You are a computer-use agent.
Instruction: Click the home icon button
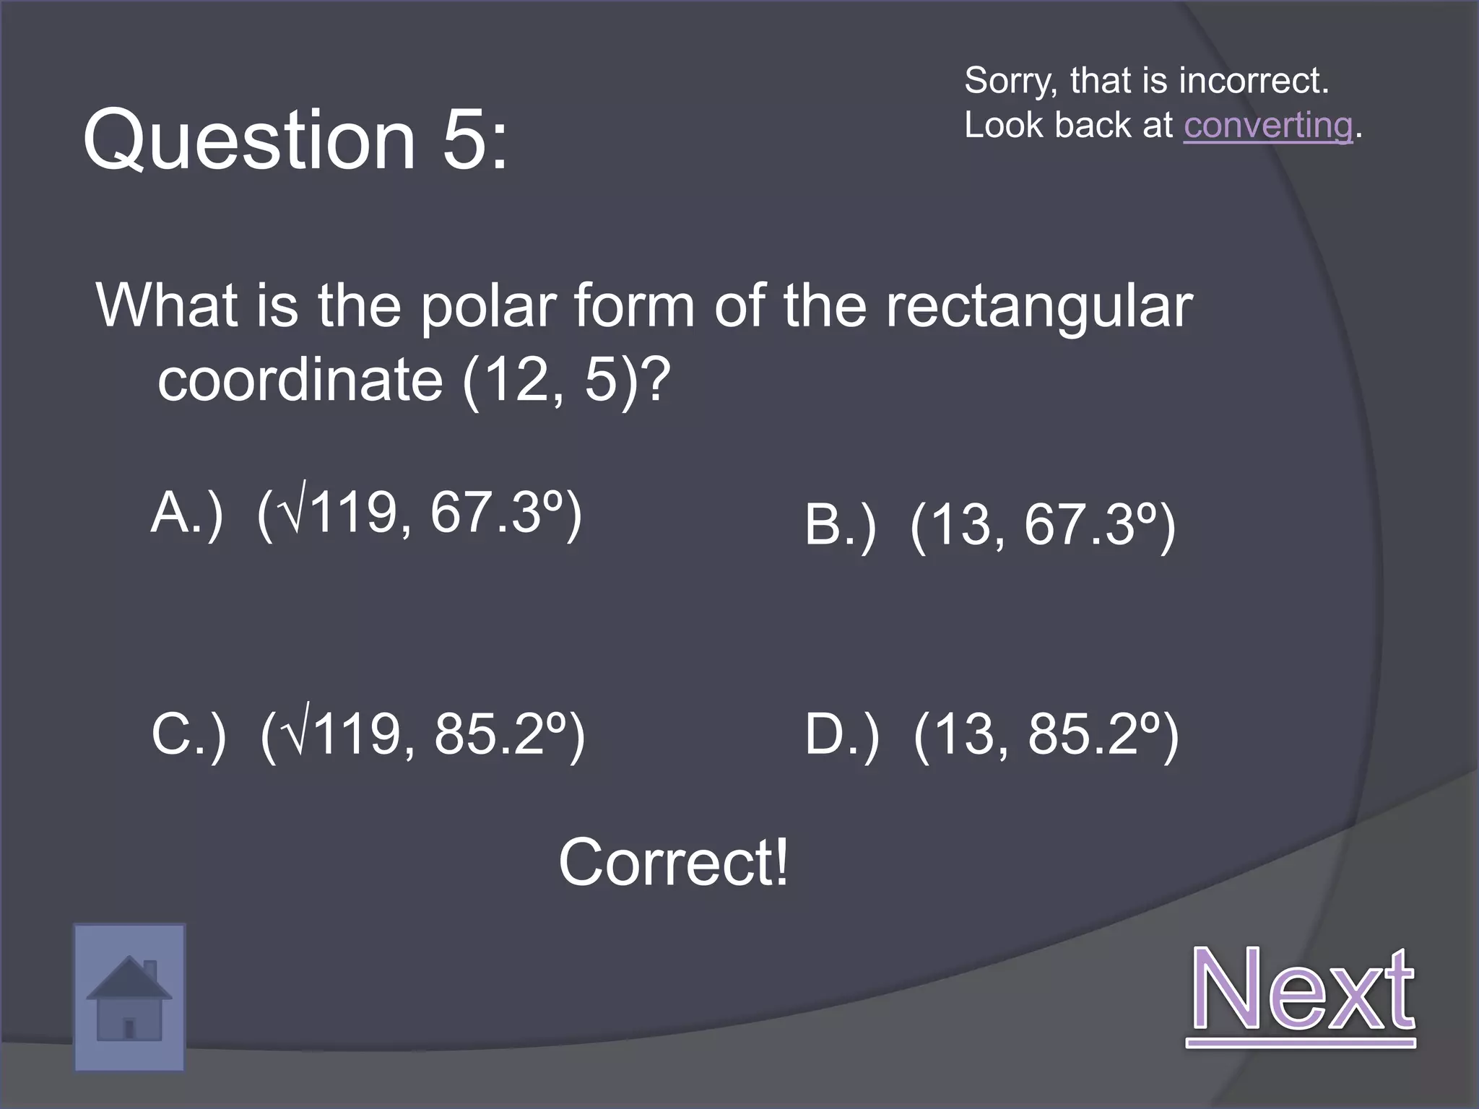pyautogui.click(x=129, y=997)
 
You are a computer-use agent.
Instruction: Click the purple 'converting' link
pyautogui.click(x=1267, y=126)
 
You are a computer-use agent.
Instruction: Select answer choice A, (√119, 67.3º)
pyautogui.click(x=366, y=513)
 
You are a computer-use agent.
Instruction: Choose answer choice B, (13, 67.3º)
pyautogui.click(x=990, y=525)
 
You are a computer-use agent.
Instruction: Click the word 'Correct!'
pyautogui.click(x=673, y=862)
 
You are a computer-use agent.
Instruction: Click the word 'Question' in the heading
pyautogui.click(x=249, y=139)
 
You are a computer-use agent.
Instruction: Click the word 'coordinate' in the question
pyautogui.click(x=300, y=380)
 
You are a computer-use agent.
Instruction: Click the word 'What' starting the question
pyautogui.click(x=167, y=305)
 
